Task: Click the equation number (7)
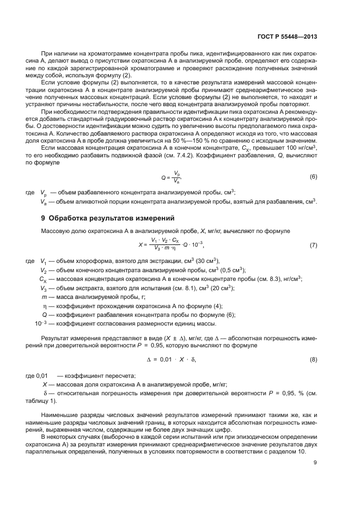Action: (x=313, y=245)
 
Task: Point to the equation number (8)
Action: (x=313, y=360)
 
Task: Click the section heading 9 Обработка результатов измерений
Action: (x=108, y=219)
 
